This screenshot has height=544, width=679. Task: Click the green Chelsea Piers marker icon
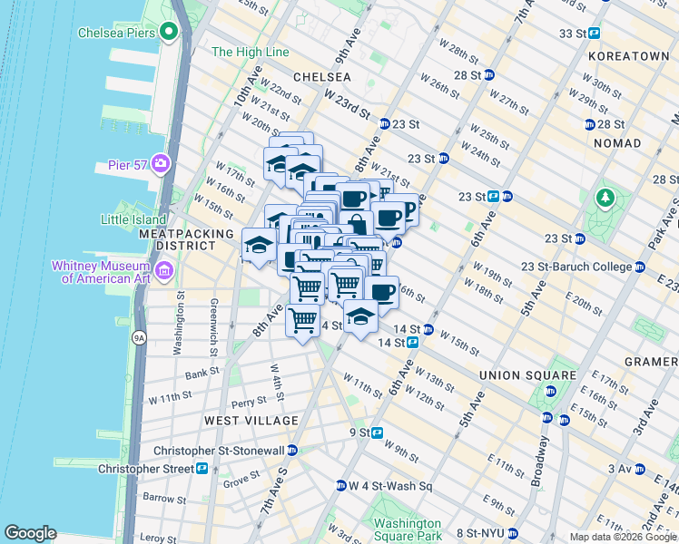point(167,33)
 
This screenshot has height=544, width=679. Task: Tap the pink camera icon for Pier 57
point(162,163)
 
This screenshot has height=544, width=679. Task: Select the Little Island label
point(133,219)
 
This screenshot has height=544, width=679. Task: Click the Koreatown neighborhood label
point(628,55)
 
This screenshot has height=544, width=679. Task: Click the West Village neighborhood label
point(251,421)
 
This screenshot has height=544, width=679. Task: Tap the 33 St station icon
point(595,33)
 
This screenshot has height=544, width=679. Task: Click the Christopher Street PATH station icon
point(202,468)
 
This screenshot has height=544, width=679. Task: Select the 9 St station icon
point(376,432)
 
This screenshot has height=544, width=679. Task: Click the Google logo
point(31,533)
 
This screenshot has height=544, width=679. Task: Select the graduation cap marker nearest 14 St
point(361,316)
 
